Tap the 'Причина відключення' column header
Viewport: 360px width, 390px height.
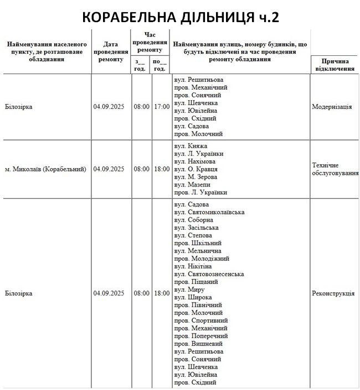pyautogui.click(x=335, y=65)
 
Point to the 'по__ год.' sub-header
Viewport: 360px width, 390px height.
pyautogui.click(x=160, y=65)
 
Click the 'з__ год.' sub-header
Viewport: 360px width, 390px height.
pyautogui.click(x=140, y=65)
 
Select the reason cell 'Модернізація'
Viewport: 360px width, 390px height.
pyautogui.click(x=332, y=107)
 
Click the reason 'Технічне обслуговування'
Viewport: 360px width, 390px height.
pyautogui.click(x=335, y=169)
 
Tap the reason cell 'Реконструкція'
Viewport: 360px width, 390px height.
pyautogui.click(x=333, y=293)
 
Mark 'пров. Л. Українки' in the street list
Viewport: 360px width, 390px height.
pyautogui.click(x=200, y=193)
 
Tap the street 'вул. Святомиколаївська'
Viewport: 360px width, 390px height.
pyautogui.click(x=209, y=212)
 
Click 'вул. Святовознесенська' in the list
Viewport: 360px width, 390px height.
pyautogui.click(x=209, y=274)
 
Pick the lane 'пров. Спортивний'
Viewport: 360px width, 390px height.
pyautogui.click(x=201, y=320)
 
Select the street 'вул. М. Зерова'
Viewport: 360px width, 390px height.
pyautogui.click(x=196, y=176)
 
